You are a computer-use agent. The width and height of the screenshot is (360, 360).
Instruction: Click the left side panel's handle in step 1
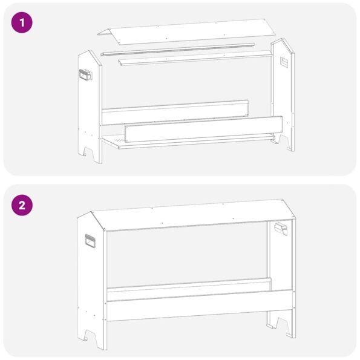point(85,77)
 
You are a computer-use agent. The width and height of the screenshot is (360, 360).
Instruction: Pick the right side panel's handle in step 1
point(284,61)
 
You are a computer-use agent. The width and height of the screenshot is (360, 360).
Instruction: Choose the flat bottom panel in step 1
point(182,142)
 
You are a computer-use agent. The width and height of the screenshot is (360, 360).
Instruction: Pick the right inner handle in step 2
point(281,229)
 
